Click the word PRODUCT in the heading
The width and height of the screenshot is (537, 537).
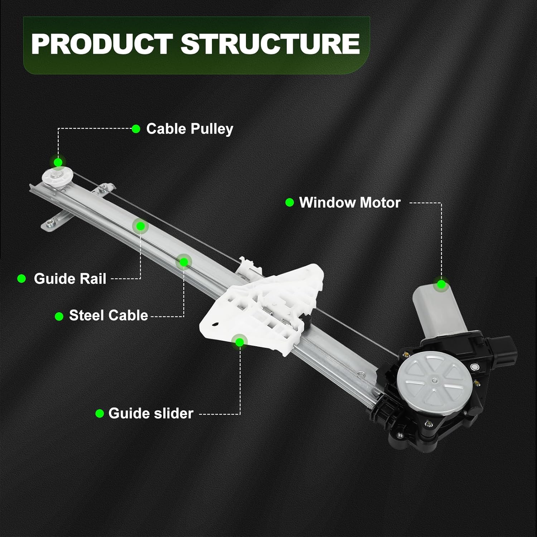[x=102, y=43]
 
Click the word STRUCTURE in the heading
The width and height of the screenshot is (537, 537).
[x=270, y=43]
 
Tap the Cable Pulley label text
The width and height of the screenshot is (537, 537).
[x=189, y=129]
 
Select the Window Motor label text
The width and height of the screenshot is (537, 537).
[x=349, y=203]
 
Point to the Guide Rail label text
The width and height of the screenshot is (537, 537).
[x=70, y=279]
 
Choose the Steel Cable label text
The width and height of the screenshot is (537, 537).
[x=108, y=315]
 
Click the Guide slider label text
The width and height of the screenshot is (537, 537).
[x=150, y=413]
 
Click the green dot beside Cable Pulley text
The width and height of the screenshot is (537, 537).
[x=136, y=129]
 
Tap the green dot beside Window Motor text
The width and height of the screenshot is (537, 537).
[x=290, y=203]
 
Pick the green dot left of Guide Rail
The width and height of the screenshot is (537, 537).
[x=21, y=279]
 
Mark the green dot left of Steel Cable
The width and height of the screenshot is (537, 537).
[x=59, y=316]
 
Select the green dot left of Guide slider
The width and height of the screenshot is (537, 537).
[x=100, y=413]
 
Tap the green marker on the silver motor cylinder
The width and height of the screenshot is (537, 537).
[x=441, y=284]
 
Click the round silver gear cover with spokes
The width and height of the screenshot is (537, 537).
[x=433, y=381]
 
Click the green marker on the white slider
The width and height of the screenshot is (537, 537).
[x=240, y=342]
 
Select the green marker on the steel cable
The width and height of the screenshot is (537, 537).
[x=184, y=262]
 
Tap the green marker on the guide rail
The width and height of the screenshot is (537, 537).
[x=140, y=226]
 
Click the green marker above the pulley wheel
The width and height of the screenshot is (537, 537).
[x=58, y=162]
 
